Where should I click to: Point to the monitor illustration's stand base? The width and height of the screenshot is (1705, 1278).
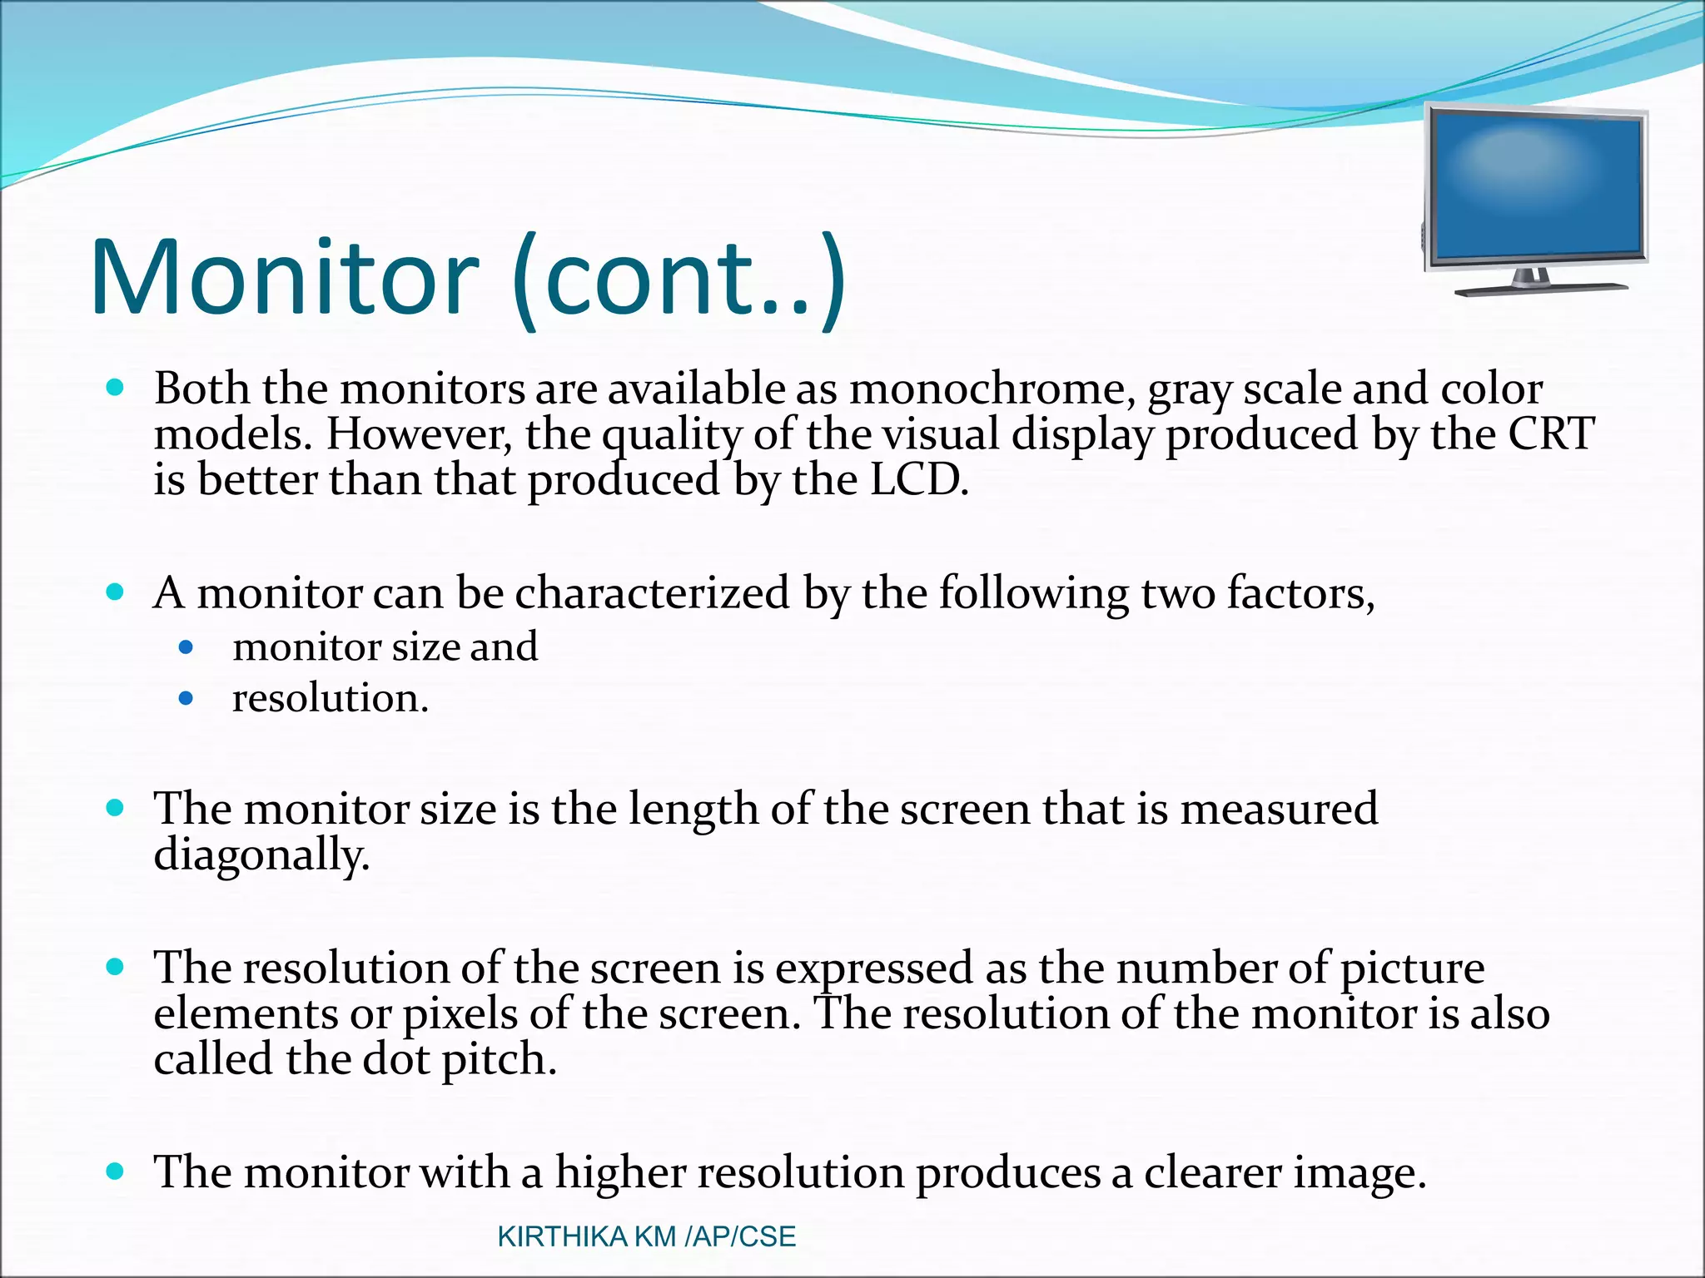[x=1540, y=289]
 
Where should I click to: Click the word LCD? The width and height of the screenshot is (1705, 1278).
[x=919, y=480]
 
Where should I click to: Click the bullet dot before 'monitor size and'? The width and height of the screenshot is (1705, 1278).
[x=186, y=647]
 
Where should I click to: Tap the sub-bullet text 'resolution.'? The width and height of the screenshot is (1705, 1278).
[x=331, y=698]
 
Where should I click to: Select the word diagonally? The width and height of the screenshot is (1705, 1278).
[x=261, y=854]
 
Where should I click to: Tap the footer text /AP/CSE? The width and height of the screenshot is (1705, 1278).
[x=740, y=1237]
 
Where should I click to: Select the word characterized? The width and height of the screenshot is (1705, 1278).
[x=652, y=593]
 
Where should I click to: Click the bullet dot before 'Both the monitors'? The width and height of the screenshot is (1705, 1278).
[x=116, y=387]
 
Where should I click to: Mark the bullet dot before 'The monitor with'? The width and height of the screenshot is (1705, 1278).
[x=116, y=1172]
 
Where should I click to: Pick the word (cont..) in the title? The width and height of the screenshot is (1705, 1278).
[x=679, y=278]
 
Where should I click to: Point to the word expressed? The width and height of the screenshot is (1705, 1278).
[x=874, y=968]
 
